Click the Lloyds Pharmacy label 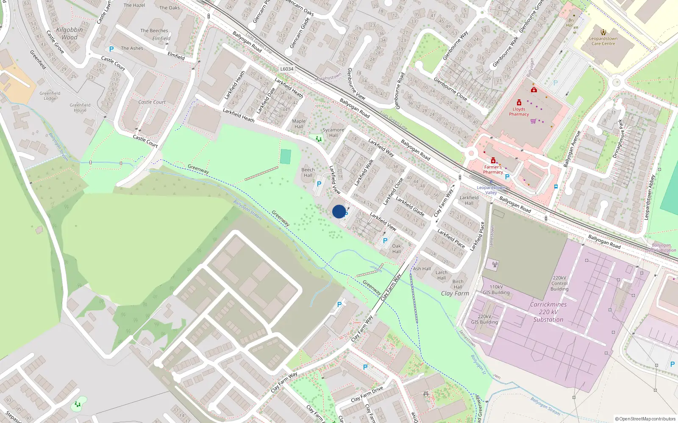[x=519, y=112]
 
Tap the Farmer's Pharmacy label [x=493, y=170]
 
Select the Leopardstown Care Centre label [x=603, y=41]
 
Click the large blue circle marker [x=339, y=211]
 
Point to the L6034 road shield [x=287, y=69]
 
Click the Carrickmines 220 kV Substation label [x=548, y=312]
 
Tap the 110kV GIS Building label [x=496, y=290]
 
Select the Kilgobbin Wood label [x=69, y=33]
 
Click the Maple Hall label [x=299, y=124]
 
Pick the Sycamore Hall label [x=333, y=132]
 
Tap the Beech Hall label [x=308, y=173]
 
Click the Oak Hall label [x=397, y=249]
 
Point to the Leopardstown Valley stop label [x=491, y=190]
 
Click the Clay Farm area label [x=455, y=293]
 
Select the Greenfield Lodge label [x=50, y=96]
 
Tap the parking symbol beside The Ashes [x=111, y=49]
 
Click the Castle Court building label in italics [x=152, y=102]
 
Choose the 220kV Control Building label [x=559, y=283]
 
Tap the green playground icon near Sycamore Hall [x=318, y=139]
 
